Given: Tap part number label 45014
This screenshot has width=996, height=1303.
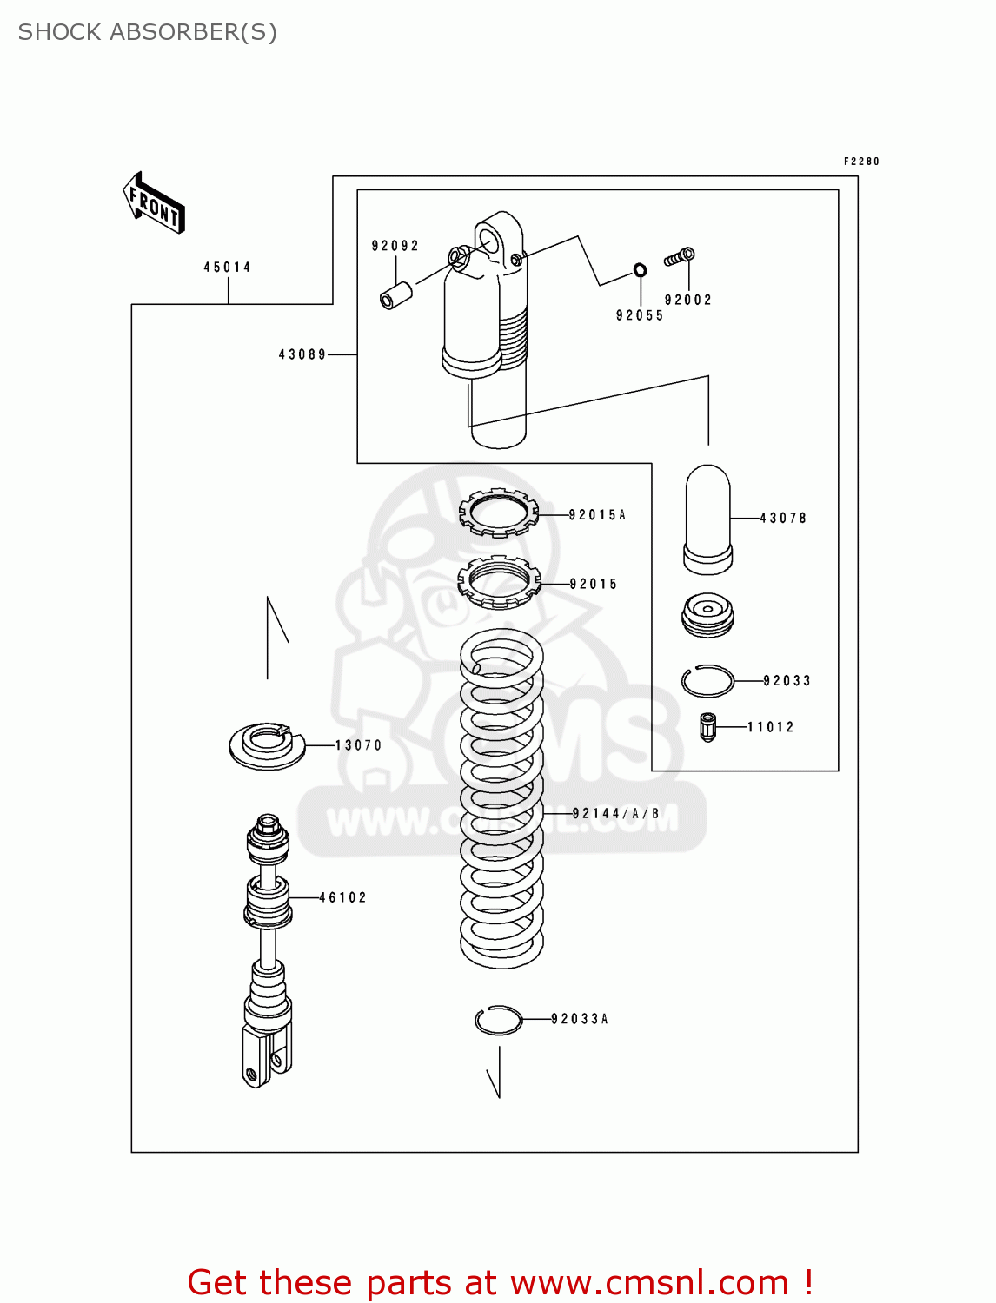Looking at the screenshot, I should tap(227, 268).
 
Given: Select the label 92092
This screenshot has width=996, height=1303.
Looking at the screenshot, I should tap(395, 246).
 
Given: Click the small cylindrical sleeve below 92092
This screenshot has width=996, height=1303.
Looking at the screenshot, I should tap(396, 294).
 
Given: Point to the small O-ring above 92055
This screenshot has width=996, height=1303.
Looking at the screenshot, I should tap(640, 270).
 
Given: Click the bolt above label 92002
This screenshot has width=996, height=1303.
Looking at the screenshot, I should tap(680, 257).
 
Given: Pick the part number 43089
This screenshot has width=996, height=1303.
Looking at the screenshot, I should tap(302, 354).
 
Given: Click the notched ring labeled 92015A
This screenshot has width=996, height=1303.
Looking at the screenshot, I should tap(499, 513).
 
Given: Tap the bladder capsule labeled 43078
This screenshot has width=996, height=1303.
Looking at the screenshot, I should tap(707, 519).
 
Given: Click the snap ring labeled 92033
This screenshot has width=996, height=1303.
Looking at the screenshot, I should tap(707, 681).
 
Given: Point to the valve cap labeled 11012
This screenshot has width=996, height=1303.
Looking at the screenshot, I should tap(708, 727).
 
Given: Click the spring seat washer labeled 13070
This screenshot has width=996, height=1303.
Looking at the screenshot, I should tap(267, 745).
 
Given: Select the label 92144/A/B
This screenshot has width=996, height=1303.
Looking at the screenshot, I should tap(615, 814).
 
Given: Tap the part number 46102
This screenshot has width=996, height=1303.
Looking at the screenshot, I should tap(342, 897).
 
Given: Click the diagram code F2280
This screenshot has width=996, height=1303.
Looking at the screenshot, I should tap(861, 162).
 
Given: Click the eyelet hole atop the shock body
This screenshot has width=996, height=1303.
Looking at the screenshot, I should tap(491, 239).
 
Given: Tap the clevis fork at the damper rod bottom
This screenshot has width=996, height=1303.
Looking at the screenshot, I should tap(266, 1055).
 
